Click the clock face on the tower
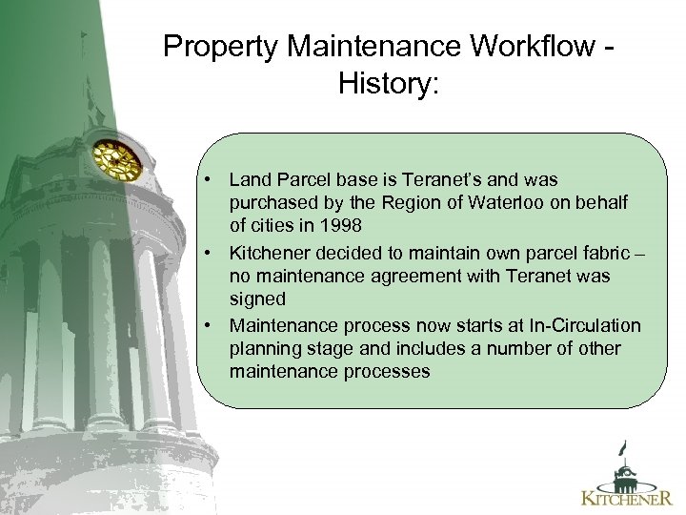click(116, 160)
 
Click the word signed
click(257, 299)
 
